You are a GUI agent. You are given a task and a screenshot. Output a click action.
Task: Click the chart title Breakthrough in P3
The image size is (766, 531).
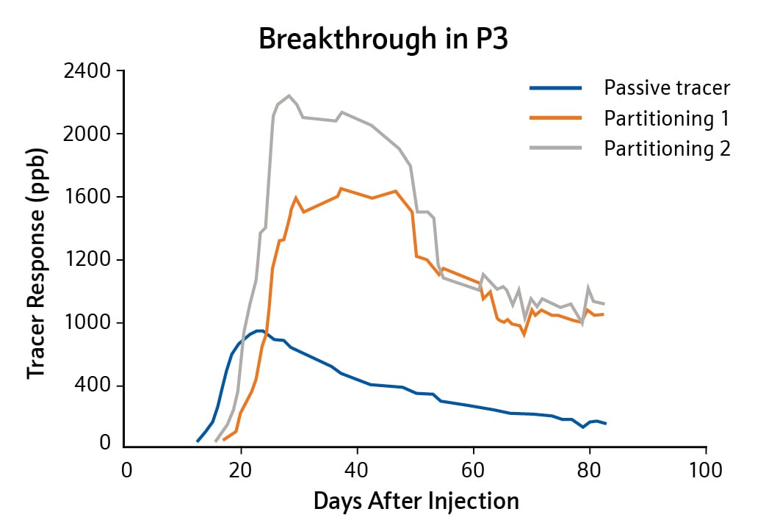pyautogui.click(x=383, y=40)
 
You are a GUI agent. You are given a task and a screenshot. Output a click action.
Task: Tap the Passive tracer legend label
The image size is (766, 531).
pyautogui.click(x=667, y=89)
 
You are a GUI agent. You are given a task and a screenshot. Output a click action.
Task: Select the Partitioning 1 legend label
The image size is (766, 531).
pyautogui.click(x=667, y=118)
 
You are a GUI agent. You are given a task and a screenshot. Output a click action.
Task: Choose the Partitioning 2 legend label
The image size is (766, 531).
pyautogui.click(x=667, y=148)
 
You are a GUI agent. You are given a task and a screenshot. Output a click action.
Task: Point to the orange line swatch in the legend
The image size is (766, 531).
pyautogui.click(x=555, y=118)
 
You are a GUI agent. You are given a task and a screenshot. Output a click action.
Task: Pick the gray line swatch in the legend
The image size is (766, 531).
pyautogui.click(x=555, y=148)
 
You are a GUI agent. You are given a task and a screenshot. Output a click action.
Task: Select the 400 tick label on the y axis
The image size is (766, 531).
pyautogui.click(x=94, y=386)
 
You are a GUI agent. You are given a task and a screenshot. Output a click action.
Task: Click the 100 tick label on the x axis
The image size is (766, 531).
pyautogui.click(x=705, y=469)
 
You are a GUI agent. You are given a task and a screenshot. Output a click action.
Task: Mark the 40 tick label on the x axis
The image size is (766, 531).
pyautogui.click(x=357, y=469)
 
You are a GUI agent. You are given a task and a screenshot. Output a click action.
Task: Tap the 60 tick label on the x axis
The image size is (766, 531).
pyautogui.click(x=473, y=469)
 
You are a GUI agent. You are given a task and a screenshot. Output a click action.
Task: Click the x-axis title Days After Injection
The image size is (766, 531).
pyautogui.click(x=416, y=502)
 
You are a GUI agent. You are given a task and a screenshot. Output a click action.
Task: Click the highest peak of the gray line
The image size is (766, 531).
pyautogui.click(x=289, y=95)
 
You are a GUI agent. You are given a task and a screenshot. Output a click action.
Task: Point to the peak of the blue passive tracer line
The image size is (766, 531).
pyautogui.click(x=259, y=330)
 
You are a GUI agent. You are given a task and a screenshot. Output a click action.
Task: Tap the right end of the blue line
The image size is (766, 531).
pyautogui.click(x=606, y=424)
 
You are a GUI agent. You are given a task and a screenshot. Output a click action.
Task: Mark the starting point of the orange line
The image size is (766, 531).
pyautogui.click(x=224, y=439)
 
